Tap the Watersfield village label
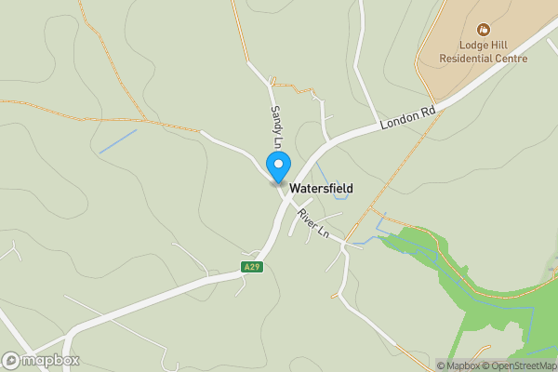(x=321, y=188)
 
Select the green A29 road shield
(x=252, y=267)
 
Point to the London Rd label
(x=407, y=117)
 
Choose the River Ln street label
(x=314, y=223)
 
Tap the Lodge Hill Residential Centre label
(x=484, y=51)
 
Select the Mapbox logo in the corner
(x=41, y=360)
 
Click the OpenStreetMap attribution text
(x=520, y=365)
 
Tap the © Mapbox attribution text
(x=458, y=365)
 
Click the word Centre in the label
(x=511, y=59)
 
